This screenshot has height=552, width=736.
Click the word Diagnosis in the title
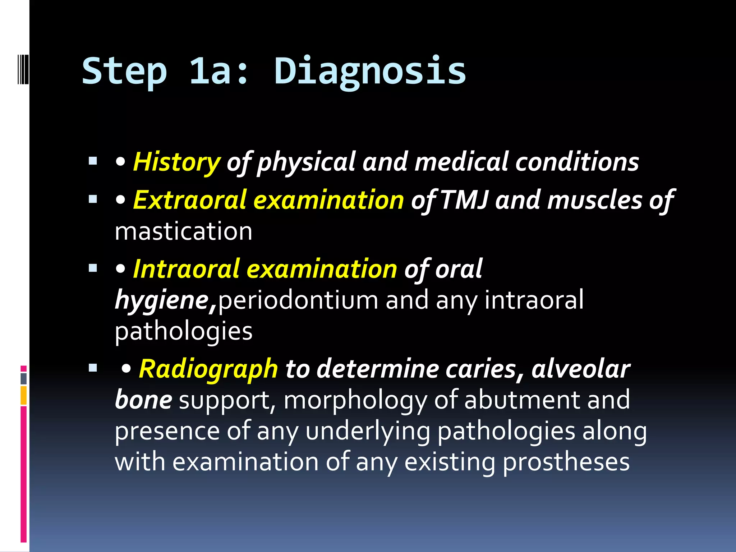coord(370,71)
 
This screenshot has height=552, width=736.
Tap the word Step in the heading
coord(124,71)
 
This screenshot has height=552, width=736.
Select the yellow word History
coord(176,162)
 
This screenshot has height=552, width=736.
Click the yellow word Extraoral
coord(190,200)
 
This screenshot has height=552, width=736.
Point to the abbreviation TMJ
coord(464,200)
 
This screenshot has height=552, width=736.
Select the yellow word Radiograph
coord(208,369)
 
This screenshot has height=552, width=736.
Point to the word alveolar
coord(581,369)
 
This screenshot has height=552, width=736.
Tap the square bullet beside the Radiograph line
coord(93,368)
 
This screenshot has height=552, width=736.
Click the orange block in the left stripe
coord(24,395)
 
